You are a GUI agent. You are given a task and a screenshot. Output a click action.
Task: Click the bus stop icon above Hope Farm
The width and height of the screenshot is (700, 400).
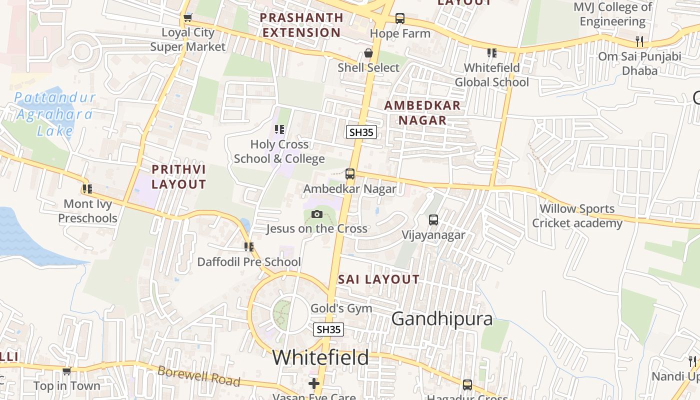click(x=400, y=18)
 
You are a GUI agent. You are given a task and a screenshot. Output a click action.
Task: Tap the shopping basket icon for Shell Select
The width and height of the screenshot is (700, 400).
click(x=368, y=53)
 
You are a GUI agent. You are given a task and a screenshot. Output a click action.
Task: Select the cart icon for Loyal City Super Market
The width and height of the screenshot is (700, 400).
click(x=187, y=18)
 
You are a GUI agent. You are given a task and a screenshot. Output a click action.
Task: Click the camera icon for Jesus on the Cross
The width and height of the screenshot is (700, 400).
click(x=316, y=214)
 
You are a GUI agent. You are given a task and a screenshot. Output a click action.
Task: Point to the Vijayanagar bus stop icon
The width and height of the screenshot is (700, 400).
click(x=433, y=220)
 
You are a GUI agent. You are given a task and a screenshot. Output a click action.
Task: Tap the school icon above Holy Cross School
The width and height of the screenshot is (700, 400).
click(x=279, y=129)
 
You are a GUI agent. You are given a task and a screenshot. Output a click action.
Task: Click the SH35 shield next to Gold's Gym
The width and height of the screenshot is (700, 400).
click(x=328, y=329)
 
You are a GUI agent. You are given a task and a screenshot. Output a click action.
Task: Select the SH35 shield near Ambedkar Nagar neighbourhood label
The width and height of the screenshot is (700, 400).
click(x=361, y=132)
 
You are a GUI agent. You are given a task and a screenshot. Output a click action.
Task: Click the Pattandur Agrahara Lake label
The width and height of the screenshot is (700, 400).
click(x=54, y=114)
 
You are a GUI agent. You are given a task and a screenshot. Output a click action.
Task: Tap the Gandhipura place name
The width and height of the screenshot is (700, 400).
click(x=441, y=318)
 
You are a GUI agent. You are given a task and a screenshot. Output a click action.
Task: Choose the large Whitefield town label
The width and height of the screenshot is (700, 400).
click(x=320, y=357)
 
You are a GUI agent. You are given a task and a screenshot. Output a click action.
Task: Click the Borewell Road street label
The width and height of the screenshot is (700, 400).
click(x=198, y=376)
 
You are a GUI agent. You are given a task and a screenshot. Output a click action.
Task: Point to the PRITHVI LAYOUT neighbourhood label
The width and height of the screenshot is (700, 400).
click(x=178, y=177)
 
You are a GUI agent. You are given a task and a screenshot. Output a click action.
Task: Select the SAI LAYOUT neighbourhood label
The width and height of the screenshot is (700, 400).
click(x=378, y=279)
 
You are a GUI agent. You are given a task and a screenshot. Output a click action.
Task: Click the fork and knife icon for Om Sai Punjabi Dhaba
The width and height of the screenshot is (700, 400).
click(x=639, y=41)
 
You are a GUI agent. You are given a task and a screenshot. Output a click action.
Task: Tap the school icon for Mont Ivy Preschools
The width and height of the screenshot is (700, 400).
click(x=87, y=189)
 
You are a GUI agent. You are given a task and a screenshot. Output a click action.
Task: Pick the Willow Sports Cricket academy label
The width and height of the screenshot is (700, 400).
click(x=577, y=215)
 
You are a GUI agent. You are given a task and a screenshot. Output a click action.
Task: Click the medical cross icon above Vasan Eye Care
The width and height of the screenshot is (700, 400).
click(x=314, y=383)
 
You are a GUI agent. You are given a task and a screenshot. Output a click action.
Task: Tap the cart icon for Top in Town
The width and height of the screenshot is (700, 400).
click(x=66, y=371)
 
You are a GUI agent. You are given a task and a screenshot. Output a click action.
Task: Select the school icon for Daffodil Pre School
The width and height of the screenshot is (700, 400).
click(x=249, y=246)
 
